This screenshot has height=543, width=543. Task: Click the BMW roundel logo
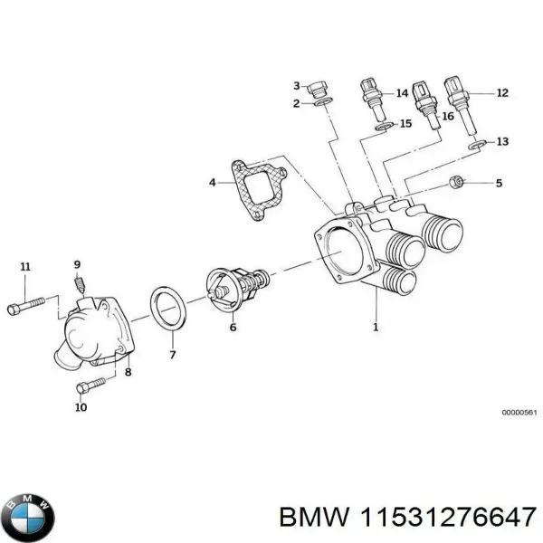point(28,517)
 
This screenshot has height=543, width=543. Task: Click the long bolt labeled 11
point(25,306)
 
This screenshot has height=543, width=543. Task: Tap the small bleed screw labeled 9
point(80,286)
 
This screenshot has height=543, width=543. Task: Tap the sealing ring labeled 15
point(384,126)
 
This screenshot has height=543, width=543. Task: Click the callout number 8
point(128,371)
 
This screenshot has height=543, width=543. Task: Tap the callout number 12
point(503,92)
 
